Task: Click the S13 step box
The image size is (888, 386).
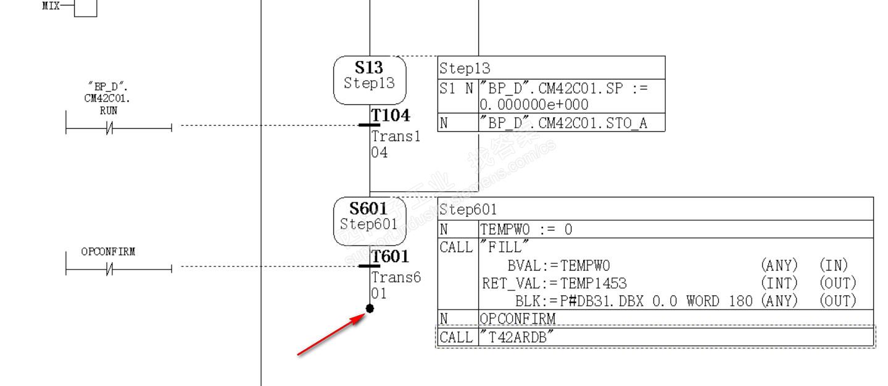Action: [x=370, y=80]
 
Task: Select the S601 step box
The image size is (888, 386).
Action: [x=370, y=221]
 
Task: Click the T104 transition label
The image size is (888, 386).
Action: [x=390, y=115]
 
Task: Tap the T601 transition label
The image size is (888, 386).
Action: [x=390, y=257]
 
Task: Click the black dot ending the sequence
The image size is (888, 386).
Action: [x=370, y=308]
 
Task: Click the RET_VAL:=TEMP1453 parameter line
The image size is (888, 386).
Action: [x=554, y=283]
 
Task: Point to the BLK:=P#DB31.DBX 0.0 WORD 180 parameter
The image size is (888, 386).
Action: [x=634, y=301]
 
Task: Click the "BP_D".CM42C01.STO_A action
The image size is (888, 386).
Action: [x=563, y=123]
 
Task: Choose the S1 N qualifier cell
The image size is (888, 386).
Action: [x=457, y=88]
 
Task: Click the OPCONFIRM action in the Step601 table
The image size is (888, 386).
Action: [x=517, y=319]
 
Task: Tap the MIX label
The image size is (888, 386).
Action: [x=51, y=6]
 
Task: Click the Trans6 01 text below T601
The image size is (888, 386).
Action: [x=396, y=285]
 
